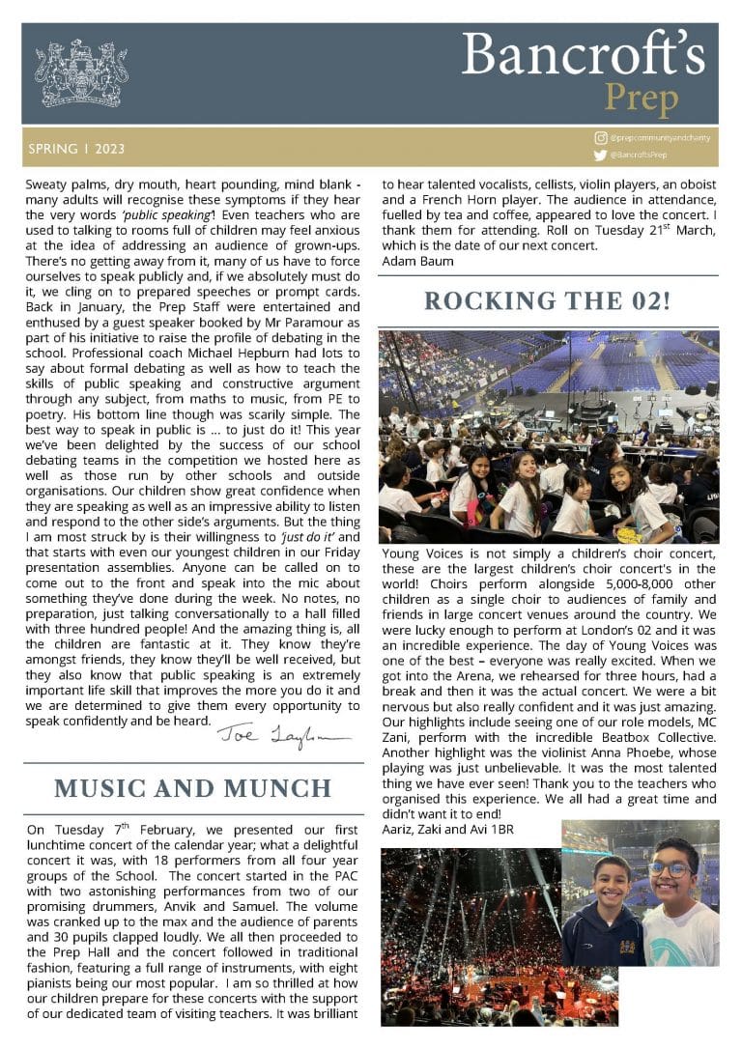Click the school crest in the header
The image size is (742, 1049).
(81, 73)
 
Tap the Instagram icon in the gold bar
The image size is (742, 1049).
(601, 139)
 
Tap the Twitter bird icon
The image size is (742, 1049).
(601, 155)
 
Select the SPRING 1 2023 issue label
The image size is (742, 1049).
(76, 150)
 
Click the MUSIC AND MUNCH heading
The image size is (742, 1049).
(193, 787)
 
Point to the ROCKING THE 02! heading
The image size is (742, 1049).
(548, 300)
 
